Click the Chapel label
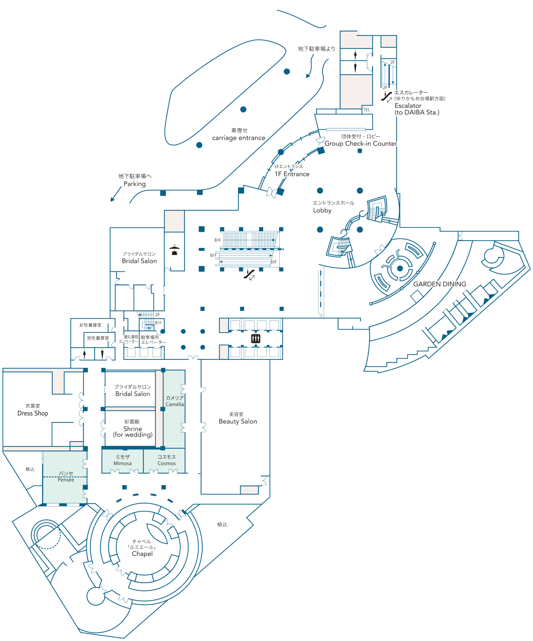tap(142, 554)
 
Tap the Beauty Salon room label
tap(238, 421)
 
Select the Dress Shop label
tap(33, 413)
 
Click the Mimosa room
tap(123, 460)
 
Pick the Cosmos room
tap(166, 460)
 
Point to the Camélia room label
tap(175, 401)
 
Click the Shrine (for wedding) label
tap(133, 431)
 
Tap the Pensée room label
tap(66, 477)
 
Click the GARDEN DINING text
tap(440, 284)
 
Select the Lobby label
tap(322, 210)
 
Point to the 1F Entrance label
tap(292, 174)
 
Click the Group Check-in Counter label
tap(361, 144)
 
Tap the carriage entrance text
tap(238, 138)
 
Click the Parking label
tap(135, 184)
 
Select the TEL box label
tap(367, 110)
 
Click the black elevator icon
tap(256, 339)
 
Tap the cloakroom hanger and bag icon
tap(174, 250)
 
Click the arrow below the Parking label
tap(115, 194)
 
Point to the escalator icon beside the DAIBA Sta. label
tap(386, 96)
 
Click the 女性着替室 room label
tap(90, 325)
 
